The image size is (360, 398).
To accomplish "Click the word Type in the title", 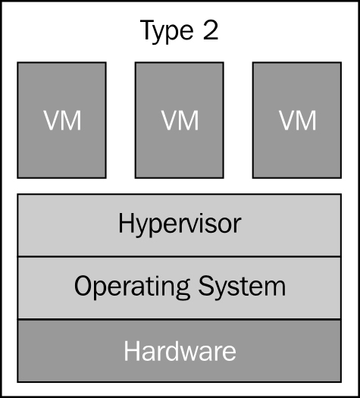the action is click(167, 32).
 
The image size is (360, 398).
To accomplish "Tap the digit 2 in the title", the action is click(211, 30).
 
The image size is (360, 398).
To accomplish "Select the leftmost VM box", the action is click(61, 120).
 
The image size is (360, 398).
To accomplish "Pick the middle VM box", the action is click(180, 120).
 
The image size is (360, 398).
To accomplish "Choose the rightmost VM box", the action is click(297, 120).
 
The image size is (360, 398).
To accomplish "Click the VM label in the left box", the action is click(62, 121).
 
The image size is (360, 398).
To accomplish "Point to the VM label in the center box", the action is click(180, 121).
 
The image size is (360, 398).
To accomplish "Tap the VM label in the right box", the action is click(298, 121).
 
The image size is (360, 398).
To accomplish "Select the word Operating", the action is click(132, 287).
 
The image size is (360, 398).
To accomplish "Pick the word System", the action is click(242, 286).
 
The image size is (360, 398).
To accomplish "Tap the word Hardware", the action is click(180, 350).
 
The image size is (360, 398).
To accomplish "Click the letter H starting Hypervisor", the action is click(127, 223).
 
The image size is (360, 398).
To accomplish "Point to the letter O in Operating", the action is click(83, 286).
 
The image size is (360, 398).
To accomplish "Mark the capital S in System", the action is click(206, 286).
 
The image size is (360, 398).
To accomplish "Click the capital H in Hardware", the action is click(132, 351).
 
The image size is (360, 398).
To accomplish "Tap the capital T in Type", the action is click(149, 30).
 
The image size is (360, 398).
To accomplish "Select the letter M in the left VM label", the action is click(72, 121).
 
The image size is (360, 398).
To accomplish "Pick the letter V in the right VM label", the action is click(287, 121).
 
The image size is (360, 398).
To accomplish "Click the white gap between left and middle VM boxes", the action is click(121, 120).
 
